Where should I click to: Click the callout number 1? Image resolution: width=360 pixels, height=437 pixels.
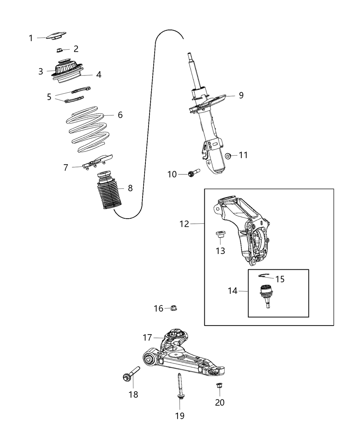pyautogui.click(x=31, y=38)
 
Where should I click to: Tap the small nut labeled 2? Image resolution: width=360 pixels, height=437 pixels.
pyautogui.click(x=59, y=50)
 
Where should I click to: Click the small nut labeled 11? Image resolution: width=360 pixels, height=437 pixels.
pyautogui.click(x=227, y=156)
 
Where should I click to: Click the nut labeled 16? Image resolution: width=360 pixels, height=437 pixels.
pyautogui.click(x=173, y=308)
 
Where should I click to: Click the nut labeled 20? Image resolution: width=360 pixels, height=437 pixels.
pyautogui.click(x=218, y=386)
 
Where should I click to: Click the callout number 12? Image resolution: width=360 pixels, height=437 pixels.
pyautogui.click(x=184, y=224)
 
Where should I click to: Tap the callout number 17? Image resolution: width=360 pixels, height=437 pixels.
pyautogui.click(x=147, y=338)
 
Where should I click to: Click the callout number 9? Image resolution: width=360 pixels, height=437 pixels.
pyautogui.click(x=241, y=95)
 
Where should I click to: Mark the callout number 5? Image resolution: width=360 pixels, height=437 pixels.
pyautogui.click(x=49, y=97)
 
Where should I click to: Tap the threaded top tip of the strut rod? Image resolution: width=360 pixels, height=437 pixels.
pyautogui.click(x=189, y=56)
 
